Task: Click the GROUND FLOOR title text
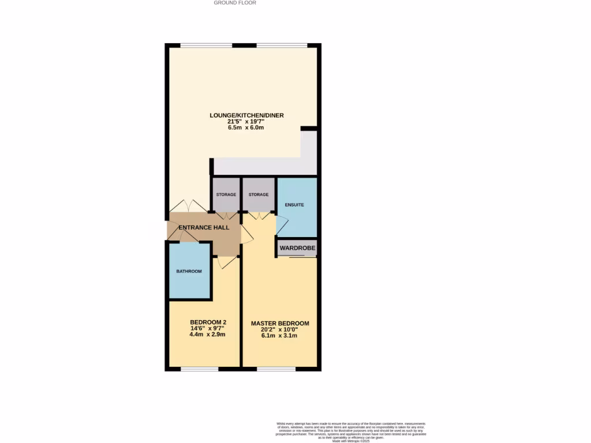(x=235, y=3)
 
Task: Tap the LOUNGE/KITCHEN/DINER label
(x=246, y=115)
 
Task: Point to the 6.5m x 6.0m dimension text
(x=246, y=128)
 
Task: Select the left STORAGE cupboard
(x=226, y=195)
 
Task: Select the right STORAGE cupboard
(x=259, y=195)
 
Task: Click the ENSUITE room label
(x=294, y=205)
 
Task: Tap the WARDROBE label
(x=297, y=248)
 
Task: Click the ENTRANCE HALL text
(x=204, y=228)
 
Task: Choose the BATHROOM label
(x=189, y=272)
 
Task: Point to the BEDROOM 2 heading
(x=207, y=322)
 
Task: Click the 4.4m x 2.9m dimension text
(x=207, y=335)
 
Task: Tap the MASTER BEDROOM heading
(x=280, y=324)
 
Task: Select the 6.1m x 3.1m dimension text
(x=280, y=336)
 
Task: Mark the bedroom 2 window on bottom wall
(x=200, y=369)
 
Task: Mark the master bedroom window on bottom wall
(x=276, y=369)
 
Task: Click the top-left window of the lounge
(x=207, y=46)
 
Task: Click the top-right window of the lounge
(x=282, y=46)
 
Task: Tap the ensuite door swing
(x=282, y=224)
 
